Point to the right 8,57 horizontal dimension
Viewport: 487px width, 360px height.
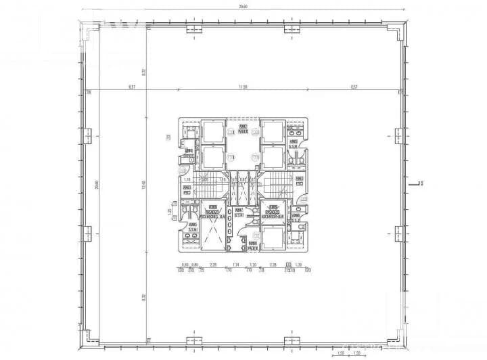[353, 87]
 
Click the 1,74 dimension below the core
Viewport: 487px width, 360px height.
[235, 265]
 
